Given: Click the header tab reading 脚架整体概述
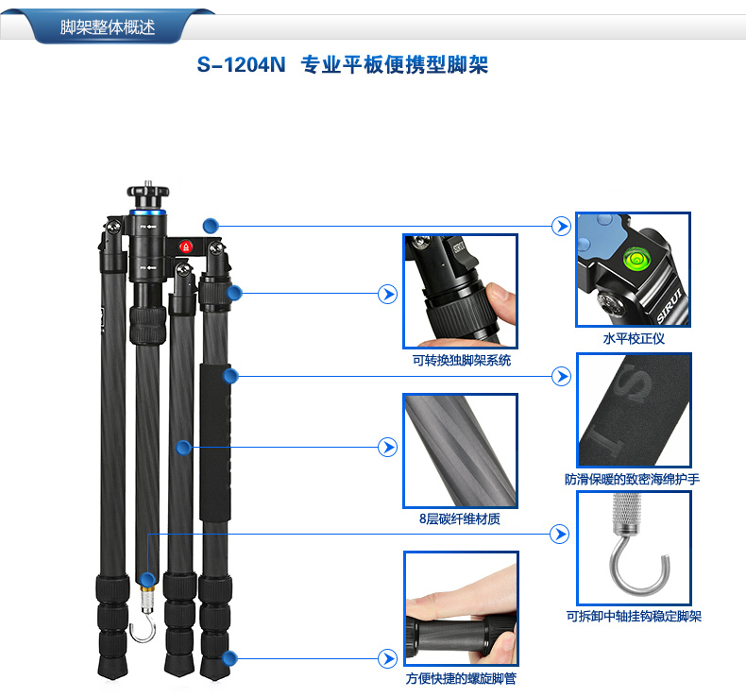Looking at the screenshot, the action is pos(108,26).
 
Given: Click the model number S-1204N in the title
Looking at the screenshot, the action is pos(241,65).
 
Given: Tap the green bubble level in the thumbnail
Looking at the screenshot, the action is pos(635,259).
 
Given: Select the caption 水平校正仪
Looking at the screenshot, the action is pos(634,339).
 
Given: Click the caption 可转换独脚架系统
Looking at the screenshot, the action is pos(462,360).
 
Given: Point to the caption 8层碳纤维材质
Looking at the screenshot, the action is pos(460,518).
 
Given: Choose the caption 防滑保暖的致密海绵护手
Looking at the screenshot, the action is pos(633,479).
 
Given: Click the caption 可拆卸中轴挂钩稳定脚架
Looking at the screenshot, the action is pos(634,616).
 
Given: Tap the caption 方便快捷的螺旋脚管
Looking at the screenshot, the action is pos(461,678).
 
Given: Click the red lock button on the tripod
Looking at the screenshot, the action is pos(185,246).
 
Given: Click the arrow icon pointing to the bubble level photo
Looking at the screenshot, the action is pos(562,226).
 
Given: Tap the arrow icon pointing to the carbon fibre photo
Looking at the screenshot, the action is pos(388,448).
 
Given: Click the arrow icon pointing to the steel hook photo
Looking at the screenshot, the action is pos(559,534).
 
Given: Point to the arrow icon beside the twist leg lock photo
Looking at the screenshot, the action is pos(388,659).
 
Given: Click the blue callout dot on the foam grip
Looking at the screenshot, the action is pos(230,376).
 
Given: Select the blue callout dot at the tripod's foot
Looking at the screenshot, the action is pos(229,659).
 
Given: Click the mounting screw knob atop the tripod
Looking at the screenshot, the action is pos(148,193).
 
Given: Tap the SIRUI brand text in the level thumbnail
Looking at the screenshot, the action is pos(670,305).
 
